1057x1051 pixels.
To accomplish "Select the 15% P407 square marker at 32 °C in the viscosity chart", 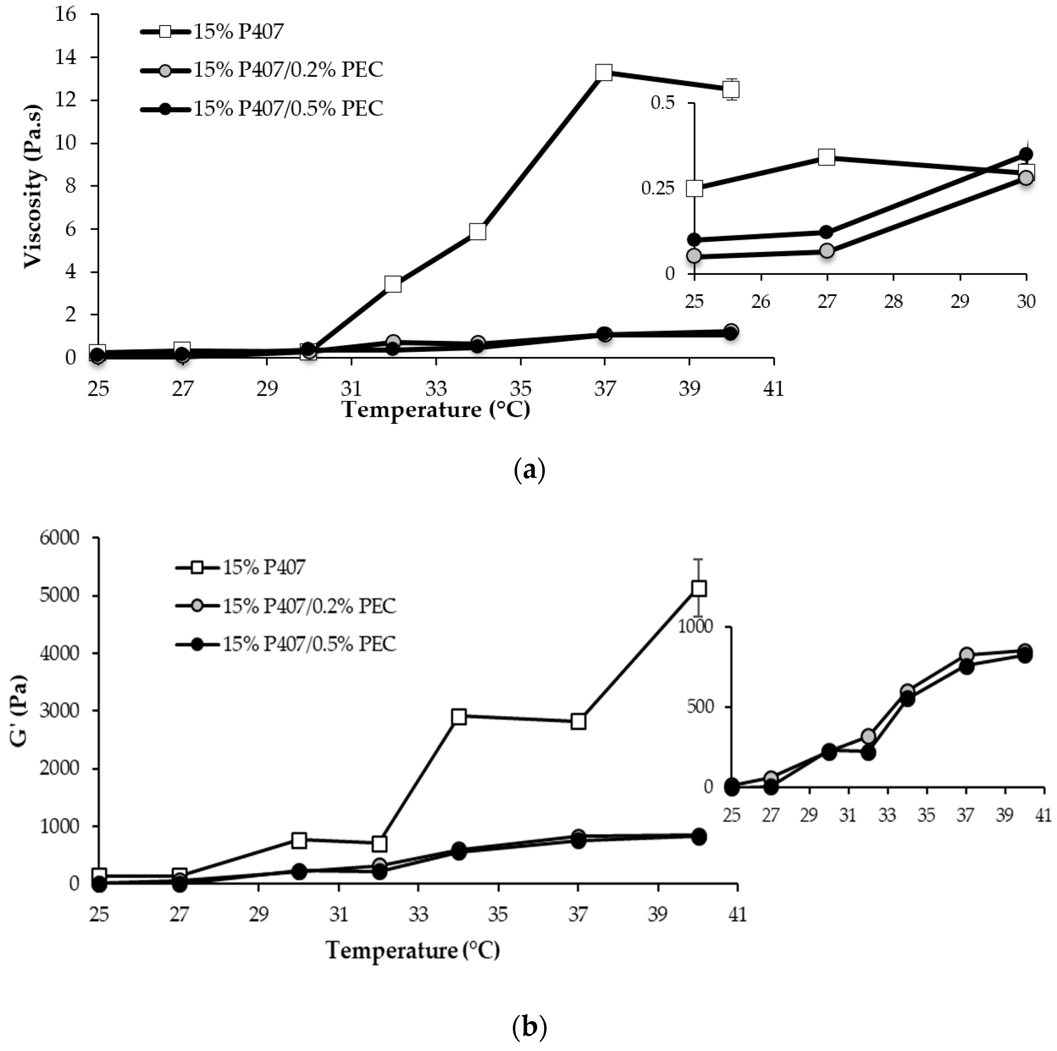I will coord(393,284).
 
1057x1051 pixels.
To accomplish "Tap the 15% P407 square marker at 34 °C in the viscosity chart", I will coord(477,231).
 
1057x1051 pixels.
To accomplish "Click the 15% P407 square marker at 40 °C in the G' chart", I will coord(699,588).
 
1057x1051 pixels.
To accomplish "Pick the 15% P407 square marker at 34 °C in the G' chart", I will coord(459,716).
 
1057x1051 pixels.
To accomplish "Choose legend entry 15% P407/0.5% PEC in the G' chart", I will coord(308,644).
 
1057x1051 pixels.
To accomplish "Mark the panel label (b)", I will coord(530,1028).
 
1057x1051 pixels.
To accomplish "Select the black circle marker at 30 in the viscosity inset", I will coord(1026,154).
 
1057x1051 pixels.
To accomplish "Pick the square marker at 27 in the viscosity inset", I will coord(827,157).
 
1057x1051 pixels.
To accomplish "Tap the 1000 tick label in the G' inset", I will coord(696,626).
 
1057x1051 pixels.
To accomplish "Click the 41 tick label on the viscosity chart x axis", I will coord(773,389).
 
